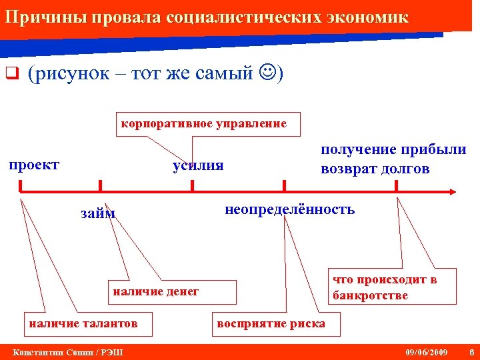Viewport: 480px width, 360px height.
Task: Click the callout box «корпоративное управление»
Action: pyautogui.click(x=204, y=124)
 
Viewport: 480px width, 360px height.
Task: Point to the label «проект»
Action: pyautogui.click(x=34, y=165)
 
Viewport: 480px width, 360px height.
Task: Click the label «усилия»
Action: pyautogui.click(x=198, y=165)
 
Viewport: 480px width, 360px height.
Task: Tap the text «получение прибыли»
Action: pyautogui.click(x=393, y=150)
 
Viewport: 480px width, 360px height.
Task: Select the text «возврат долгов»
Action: pyautogui.click(x=375, y=169)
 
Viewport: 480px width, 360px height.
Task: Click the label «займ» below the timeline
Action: pyautogui.click(x=98, y=213)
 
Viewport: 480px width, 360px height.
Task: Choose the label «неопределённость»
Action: pyautogui.click(x=290, y=209)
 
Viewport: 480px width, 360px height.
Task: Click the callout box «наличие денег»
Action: pyautogui.click(x=156, y=291)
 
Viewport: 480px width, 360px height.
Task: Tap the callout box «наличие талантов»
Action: pyautogui.click(x=83, y=323)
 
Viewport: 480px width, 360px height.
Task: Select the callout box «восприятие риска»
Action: pyautogui.click(x=270, y=324)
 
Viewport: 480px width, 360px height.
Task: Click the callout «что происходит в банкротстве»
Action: pyautogui.click(x=384, y=287)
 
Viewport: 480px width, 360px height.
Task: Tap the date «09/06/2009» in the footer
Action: pyautogui.click(x=427, y=351)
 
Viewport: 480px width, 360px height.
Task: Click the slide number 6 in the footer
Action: pyautogui.click(x=471, y=351)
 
